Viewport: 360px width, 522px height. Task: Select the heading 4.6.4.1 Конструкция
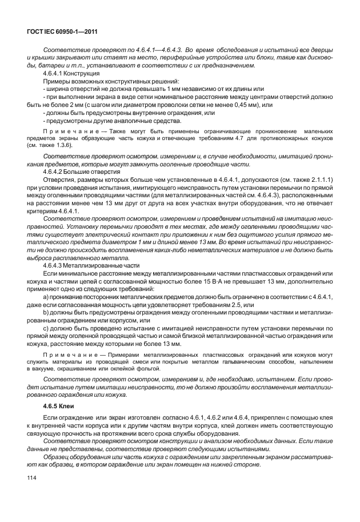[71, 74]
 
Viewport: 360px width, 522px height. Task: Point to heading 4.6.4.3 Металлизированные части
[90, 266]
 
